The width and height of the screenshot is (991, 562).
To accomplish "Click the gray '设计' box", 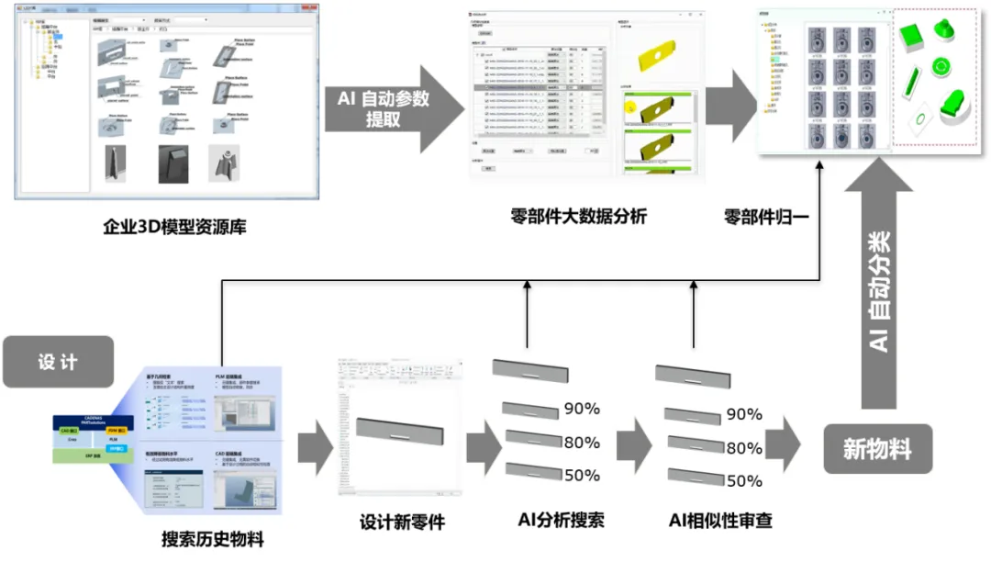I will coord(58,362).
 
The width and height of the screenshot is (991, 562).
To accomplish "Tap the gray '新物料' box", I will coord(877,449).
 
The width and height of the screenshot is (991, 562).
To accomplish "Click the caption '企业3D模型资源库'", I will coord(174,226).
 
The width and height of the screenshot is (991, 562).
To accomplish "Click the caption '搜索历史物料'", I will coord(212,539).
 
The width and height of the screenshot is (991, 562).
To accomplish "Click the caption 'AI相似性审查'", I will coord(720,521).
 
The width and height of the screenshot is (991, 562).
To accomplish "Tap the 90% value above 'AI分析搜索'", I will coord(582,410).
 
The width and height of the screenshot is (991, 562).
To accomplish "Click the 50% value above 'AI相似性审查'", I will coord(744,480).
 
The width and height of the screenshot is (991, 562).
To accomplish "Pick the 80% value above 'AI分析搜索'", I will coord(582,443).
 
